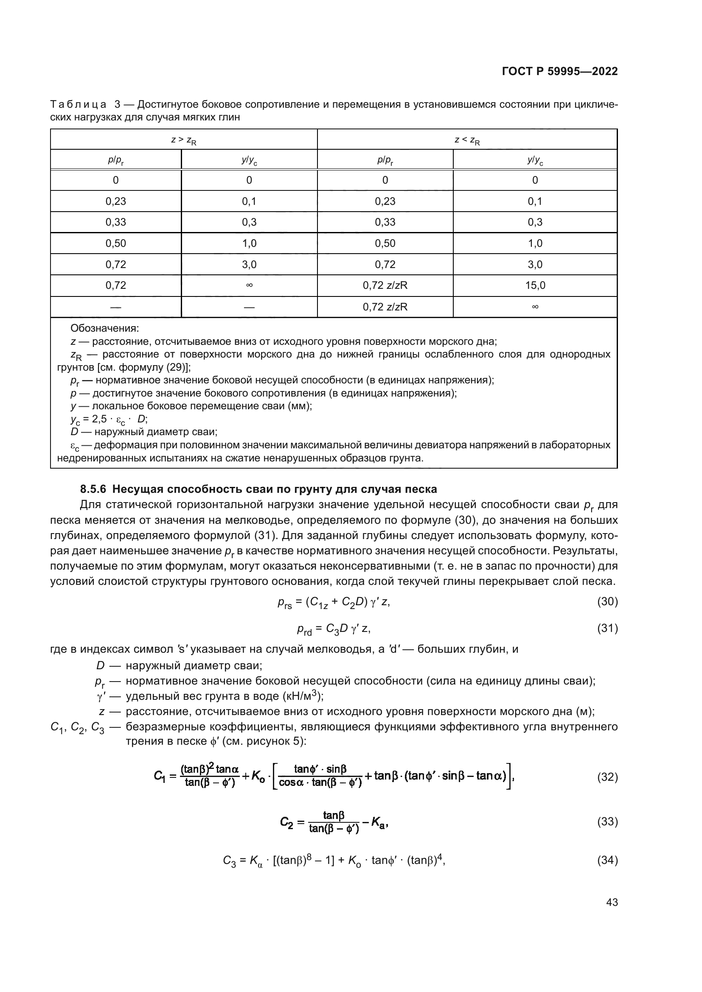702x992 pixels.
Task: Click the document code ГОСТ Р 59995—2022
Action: (x=559, y=72)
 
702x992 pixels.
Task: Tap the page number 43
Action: (x=612, y=902)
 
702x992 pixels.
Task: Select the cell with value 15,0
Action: (x=535, y=285)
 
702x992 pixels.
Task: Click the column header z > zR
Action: (x=184, y=140)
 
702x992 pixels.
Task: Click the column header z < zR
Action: (x=467, y=140)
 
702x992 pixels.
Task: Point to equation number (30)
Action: (x=607, y=602)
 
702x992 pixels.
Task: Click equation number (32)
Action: (x=607, y=777)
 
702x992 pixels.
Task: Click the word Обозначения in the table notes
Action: (x=104, y=328)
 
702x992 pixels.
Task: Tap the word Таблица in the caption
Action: (x=78, y=105)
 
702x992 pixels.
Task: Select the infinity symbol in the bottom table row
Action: (x=535, y=307)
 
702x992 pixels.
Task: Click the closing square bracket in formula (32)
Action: (x=510, y=777)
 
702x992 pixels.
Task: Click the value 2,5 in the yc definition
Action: (x=99, y=419)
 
